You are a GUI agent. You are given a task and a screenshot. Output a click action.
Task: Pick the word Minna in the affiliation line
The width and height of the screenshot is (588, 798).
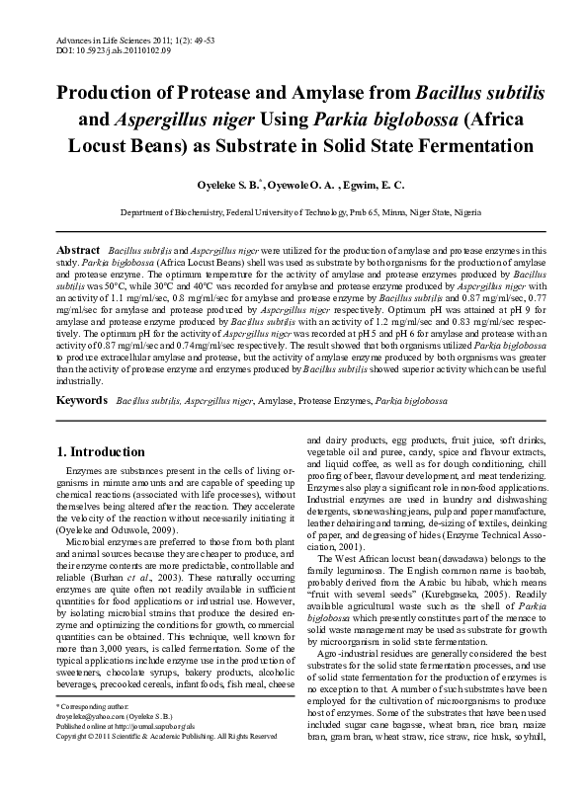412,212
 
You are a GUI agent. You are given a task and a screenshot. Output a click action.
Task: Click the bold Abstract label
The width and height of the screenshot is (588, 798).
78,252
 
